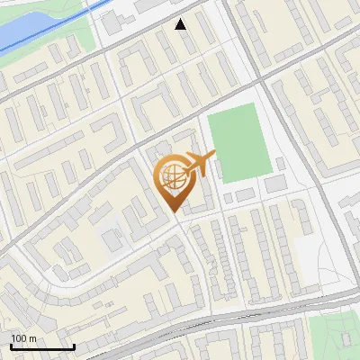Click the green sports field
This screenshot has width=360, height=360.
(238, 146)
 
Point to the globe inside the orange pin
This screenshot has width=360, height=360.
(171, 178)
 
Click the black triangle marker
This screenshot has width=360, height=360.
(181, 24)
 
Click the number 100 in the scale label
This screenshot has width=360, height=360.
(19, 338)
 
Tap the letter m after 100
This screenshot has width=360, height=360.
(32, 338)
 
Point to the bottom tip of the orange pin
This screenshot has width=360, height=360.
(175, 211)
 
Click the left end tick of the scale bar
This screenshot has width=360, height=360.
(12, 346)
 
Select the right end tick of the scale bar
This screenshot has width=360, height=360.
(73, 346)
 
